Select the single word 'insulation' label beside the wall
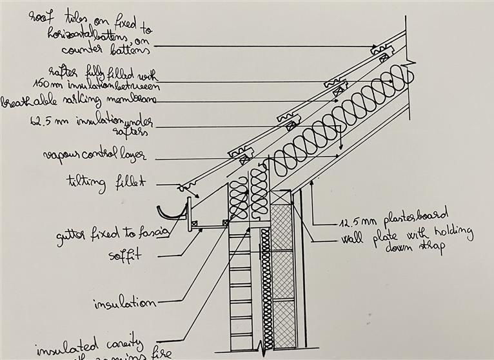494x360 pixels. pyautogui.click(x=124, y=303)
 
